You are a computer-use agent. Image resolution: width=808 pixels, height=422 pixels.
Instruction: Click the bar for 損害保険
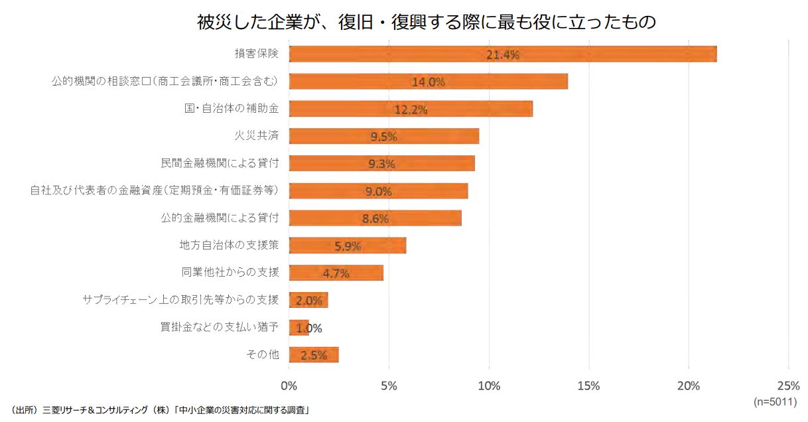tap(503, 54)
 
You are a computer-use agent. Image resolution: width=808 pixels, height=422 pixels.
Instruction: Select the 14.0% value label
tap(428, 82)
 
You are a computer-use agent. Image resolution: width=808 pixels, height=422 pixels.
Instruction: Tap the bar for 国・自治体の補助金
tap(411, 109)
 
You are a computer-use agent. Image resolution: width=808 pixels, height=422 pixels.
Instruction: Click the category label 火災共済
tap(257, 136)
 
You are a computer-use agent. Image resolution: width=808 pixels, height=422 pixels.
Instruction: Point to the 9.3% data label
tap(381, 164)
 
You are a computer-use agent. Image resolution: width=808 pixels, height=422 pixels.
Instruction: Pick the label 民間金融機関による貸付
tap(220, 163)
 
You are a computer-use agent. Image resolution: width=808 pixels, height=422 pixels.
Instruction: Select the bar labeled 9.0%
tap(379, 191)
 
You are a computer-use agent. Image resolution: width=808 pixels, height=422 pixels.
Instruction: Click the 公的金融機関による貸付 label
tap(220, 218)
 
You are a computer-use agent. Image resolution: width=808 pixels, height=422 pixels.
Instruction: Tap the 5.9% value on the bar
tap(348, 246)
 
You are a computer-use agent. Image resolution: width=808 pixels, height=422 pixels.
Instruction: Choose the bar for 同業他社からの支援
tap(336, 273)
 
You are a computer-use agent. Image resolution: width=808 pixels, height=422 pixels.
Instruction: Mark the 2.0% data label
tap(309, 301)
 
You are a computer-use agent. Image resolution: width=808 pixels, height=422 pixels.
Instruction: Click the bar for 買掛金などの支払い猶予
tap(299, 328)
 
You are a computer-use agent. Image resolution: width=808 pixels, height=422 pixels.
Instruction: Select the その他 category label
tap(263, 354)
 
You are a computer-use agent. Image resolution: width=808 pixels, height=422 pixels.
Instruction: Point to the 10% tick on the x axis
tap(489, 386)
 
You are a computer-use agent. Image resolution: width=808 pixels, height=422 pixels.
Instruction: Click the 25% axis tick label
tap(788, 386)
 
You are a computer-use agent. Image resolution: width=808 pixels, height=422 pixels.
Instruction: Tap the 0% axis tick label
tap(289, 386)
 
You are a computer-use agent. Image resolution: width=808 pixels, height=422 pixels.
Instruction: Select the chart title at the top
tap(427, 22)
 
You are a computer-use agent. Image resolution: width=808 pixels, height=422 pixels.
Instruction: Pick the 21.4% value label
tap(503, 55)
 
